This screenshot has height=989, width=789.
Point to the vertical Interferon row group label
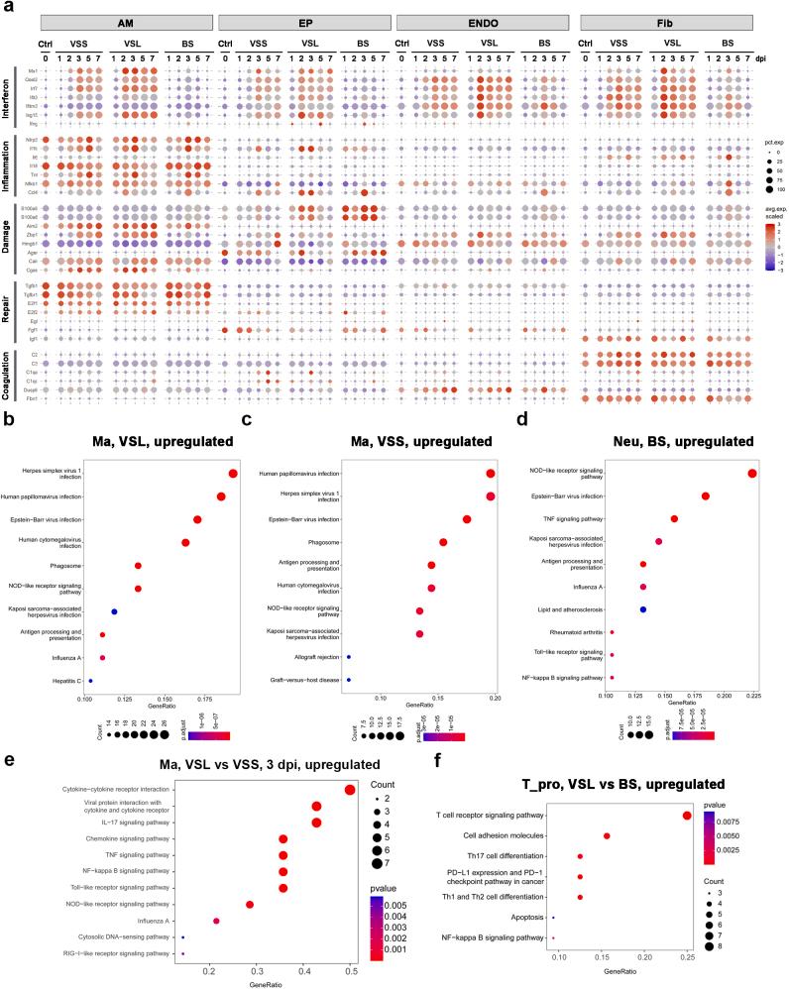pyautogui.click(x=8, y=99)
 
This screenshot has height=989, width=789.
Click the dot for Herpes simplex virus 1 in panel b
pyautogui.click(x=233, y=474)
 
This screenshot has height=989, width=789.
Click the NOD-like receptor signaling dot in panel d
pyautogui.click(x=752, y=474)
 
